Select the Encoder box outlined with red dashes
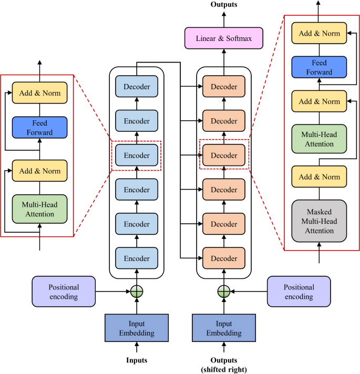tap(137, 155)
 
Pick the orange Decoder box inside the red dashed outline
tap(224, 155)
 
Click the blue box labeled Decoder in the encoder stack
tap(137, 87)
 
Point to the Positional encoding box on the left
tap(64, 292)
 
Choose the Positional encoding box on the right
tap(299, 292)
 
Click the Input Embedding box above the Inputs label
tap(137, 328)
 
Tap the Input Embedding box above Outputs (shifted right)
tap(224, 328)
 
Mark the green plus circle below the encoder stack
tap(137, 292)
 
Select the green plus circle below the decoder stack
tap(224, 292)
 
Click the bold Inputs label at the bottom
tap(137, 360)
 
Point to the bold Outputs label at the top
tap(224, 5)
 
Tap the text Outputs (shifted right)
tap(224, 364)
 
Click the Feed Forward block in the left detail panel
tap(40, 128)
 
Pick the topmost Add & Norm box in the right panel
tap(320, 34)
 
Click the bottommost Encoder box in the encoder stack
tap(137, 258)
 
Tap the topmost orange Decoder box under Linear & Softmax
tap(224, 87)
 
